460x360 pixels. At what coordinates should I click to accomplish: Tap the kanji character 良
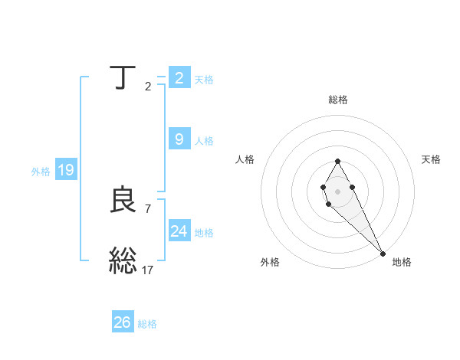click(123, 200)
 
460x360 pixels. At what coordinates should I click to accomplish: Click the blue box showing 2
click(179, 77)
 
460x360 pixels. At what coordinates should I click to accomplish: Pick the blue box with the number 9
click(179, 139)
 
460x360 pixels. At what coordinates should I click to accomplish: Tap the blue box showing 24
click(179, 231)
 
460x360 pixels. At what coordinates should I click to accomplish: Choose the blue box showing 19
click(66, 170)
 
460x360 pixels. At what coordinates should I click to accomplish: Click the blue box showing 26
click(123, 322)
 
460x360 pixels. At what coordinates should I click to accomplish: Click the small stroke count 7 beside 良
click(148, 208)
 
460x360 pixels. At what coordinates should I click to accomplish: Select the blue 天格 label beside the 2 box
click(204, 79)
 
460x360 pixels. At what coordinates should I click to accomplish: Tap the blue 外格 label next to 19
click(41, 172)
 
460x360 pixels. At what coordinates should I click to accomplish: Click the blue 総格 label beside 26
click(147, 324)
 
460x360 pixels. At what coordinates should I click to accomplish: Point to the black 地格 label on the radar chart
click(402, 262)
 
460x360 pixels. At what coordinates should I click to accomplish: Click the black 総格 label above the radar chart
click(338, 100)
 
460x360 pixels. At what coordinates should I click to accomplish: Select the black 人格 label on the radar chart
click(245, 159)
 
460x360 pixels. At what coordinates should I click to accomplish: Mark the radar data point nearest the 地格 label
click(383, 254)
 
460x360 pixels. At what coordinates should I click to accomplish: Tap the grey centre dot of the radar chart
click(337, 190)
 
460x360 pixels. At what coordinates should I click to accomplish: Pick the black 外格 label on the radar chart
click(270, 262)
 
